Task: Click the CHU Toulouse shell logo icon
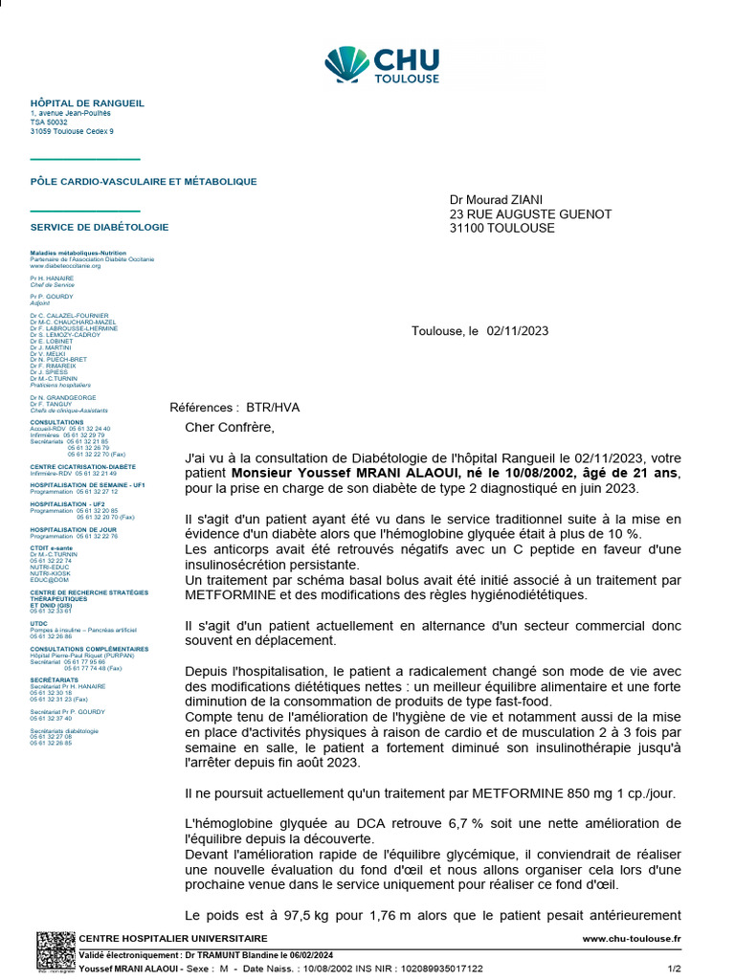coord(346,64)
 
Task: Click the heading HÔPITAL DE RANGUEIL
coord(87,103)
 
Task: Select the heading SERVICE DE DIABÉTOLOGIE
coord(100,228)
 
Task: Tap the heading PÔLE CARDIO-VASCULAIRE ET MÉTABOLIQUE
coord(144,181)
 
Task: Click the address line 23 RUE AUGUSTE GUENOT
coord(530,214)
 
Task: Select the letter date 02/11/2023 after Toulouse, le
coord(518,331)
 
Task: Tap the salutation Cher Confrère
coord(229,427)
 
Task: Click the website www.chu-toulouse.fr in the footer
coord(632,939)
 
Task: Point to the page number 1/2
coord(673,969)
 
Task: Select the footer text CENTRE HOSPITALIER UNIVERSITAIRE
coord(173,939)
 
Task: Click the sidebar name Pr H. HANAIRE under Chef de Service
coord(52,278)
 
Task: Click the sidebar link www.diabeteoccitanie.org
coord(65,265)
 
